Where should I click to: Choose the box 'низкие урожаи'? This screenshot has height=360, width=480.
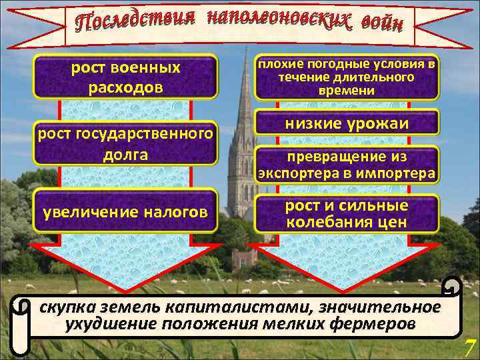[x=347, y=124]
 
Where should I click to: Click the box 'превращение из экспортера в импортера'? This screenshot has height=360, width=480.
[x=347, y=165]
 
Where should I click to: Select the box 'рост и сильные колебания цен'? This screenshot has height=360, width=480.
[x=347, y=213]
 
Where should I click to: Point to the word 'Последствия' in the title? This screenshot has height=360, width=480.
[x=137, y=23]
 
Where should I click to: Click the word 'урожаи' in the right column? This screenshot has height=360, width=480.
[x=378, y=124]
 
